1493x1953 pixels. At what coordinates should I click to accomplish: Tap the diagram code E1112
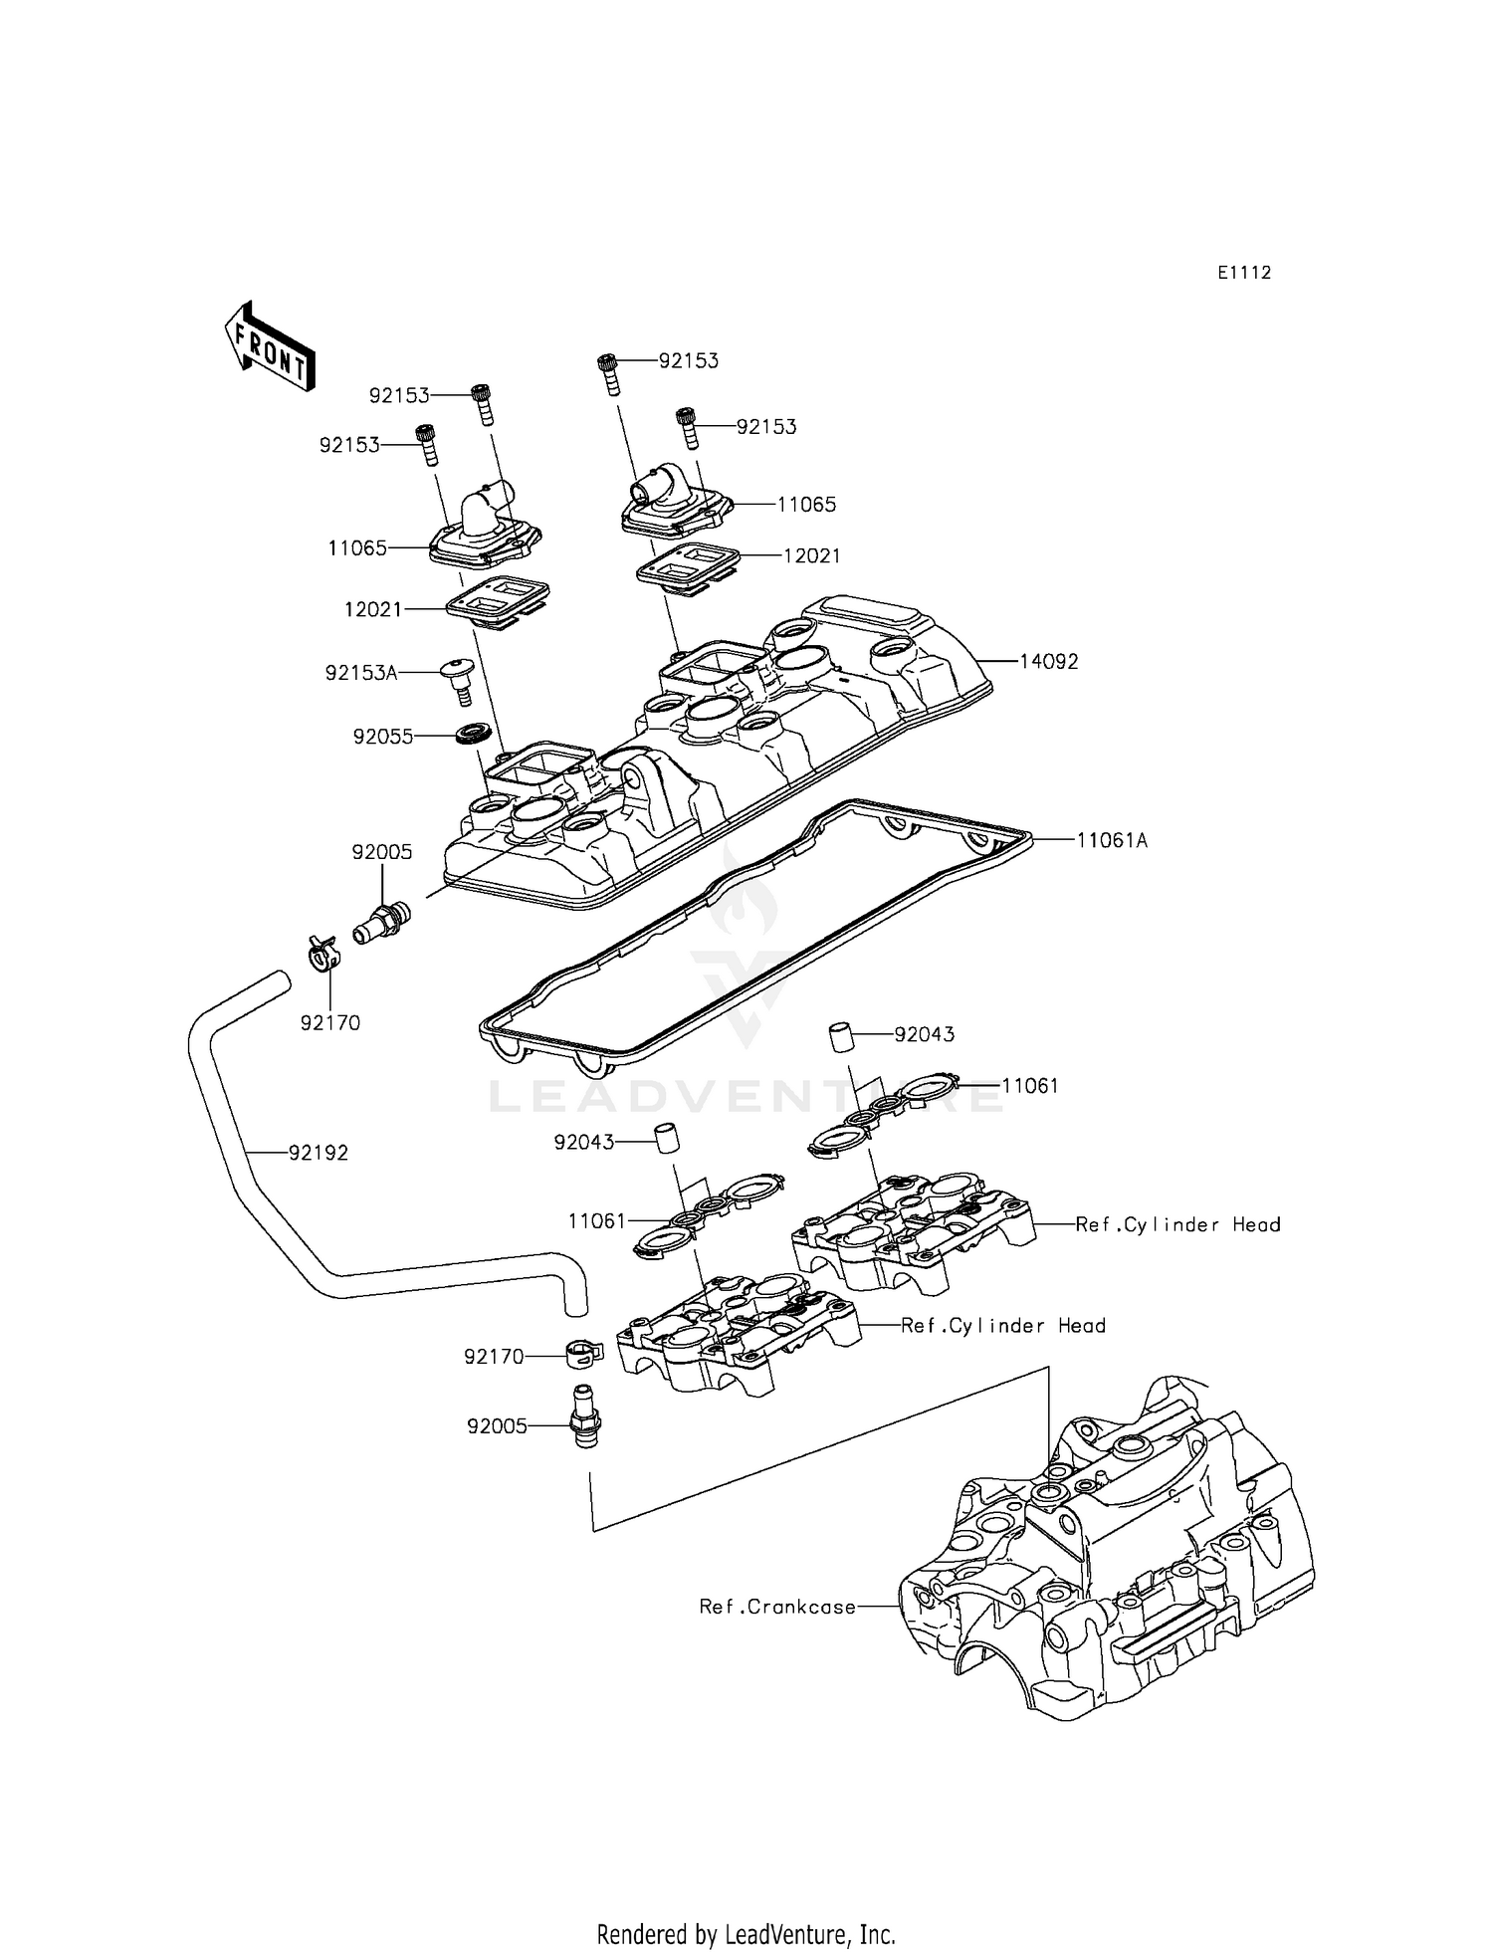(x=1243, y=273)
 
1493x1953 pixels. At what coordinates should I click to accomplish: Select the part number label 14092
(x=1048, y=662)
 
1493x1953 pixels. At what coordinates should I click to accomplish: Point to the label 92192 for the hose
(x=319, y=1153)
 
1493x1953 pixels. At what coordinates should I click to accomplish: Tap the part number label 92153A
(x=360, y=674)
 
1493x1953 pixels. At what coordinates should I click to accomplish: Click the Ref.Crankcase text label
(x=777, y=1607)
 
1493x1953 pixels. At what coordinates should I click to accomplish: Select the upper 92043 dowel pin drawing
(x=843, y=1035)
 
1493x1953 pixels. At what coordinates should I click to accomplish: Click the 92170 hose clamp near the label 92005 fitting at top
(x=320, y=954)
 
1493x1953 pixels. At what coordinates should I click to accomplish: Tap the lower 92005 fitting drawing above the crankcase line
(x=585, y=1419)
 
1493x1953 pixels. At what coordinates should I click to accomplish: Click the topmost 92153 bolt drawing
(x=607, y=373)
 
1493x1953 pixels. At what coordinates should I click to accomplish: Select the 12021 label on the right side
(x=811, y=556)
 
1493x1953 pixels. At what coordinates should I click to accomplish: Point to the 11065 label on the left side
(x=357, y=547)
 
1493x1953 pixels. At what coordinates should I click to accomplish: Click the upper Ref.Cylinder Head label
(x=1176, y=1225)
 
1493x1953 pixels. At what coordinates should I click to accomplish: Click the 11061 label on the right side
(x=1029, y=1086)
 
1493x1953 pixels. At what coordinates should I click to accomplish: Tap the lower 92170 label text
(x=494, y=1357)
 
